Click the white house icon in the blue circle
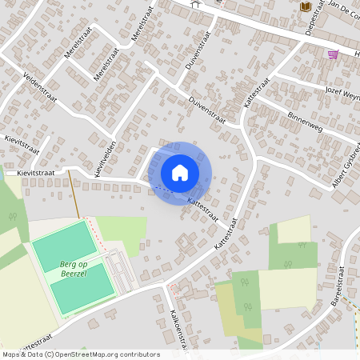pyautogui.click(x=180, y=173)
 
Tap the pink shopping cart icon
pyautogui.click(x=332, y=54)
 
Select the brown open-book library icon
pyautogui.click(x=305, y=6)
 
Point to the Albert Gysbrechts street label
pyautogui.click(x=346, y=168)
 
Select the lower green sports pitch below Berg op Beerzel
pyautogui.click(x=83, y=287)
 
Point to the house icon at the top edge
pyautogui.click(x=196, y=3)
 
